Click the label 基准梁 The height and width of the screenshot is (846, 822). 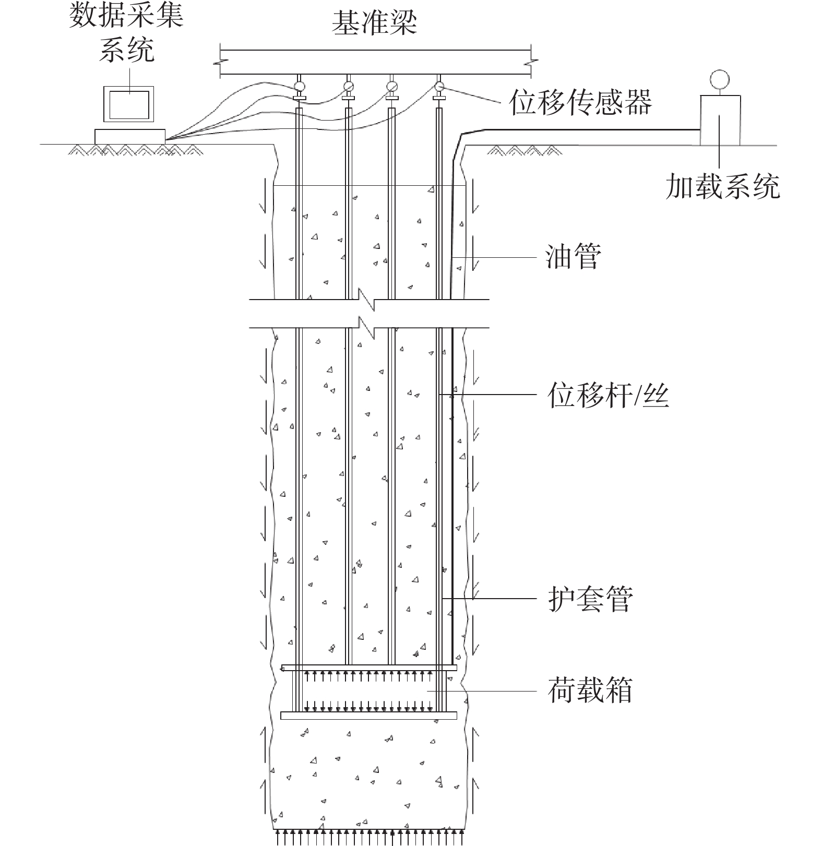coord(375,23)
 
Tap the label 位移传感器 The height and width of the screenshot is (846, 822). coord(580,102)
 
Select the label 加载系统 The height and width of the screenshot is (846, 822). coord(722,186)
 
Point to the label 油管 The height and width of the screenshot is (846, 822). coord(573,257)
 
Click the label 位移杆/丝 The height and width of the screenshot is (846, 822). coord(608,395)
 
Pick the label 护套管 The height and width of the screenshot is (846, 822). coord(590,599)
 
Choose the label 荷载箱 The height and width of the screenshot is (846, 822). coord(590,690)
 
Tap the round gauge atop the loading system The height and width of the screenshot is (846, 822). coord(719,79)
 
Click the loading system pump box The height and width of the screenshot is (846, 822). coord(719,120)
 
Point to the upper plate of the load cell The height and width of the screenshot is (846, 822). coord(368,668)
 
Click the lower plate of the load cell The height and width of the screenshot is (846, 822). coord(368,716)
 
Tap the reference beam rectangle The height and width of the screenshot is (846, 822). coord(375,62)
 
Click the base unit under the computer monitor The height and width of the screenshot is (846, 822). coord(129,136)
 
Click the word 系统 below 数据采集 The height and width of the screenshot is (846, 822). coord(127,51)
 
